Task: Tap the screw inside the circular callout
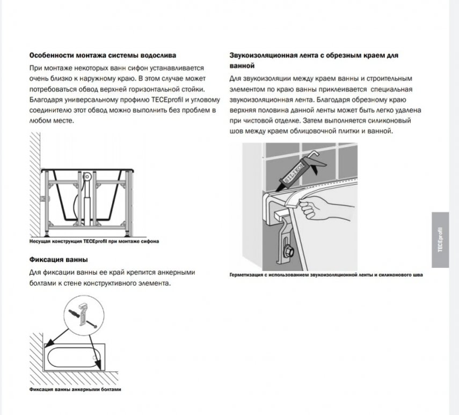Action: coord(92,323)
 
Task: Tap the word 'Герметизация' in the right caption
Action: coord(245,275)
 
